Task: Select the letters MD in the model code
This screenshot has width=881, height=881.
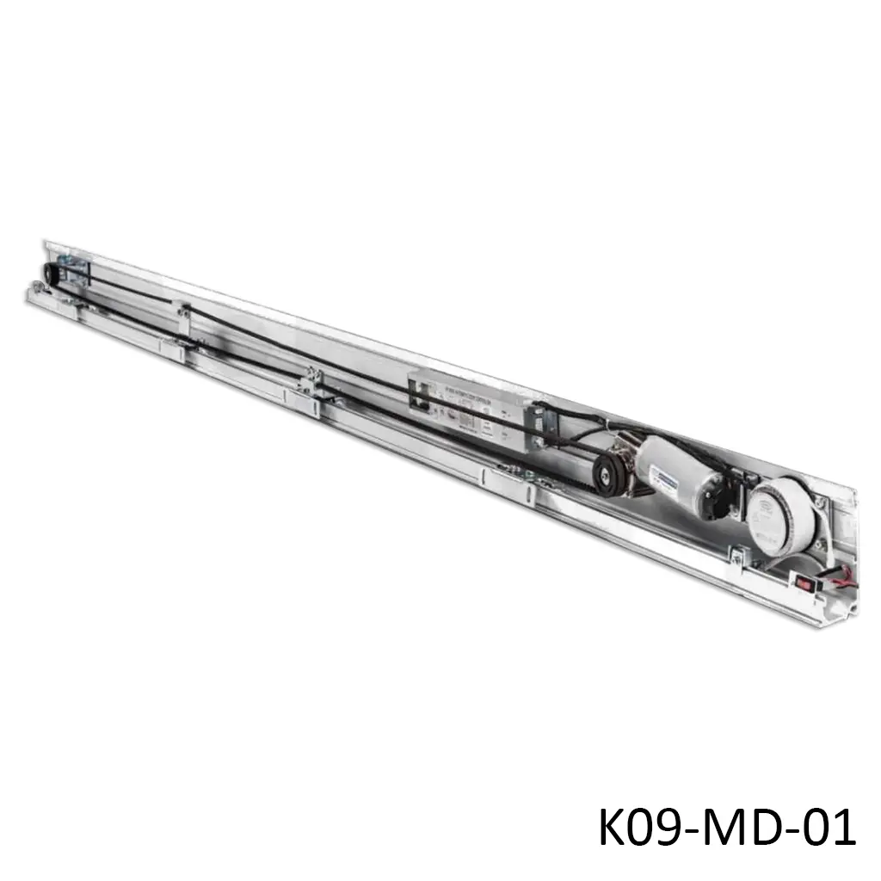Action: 734,829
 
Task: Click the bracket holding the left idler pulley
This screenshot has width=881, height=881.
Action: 75,270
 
